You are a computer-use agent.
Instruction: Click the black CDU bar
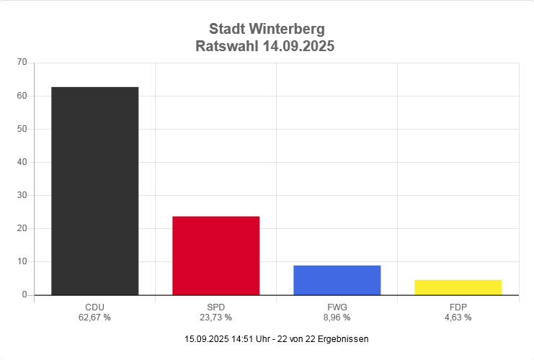pyautogui.click(x=94, y=191)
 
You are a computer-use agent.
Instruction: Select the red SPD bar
pyautogui.click(x=215, y=256)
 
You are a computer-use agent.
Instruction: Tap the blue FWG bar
pyautogui.click(x=337, y=280)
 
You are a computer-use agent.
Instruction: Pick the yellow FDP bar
pyautogui.click(x=458, y=287)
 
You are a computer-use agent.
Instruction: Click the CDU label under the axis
pyautogui.click(x=94, y=307)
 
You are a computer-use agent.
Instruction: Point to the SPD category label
pyautogui.click(x=215, y=307)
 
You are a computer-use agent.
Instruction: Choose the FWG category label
pyautogui.click(x=337, y=307)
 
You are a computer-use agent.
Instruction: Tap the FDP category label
pyautogui.click(x=458, y=307)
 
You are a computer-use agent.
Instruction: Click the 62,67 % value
pyautogui.click(x=94, y=317)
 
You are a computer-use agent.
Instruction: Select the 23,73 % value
pyautogui.click(x=215, y=317)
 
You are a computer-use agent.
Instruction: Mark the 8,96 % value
pyautogui.click(x=337, y=317)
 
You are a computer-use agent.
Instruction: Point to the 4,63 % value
pyautogui.click(x=458, y=317)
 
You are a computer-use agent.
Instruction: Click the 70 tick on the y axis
pyautogui.click(x=22, y=63)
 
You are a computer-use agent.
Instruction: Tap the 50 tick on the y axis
pyautogui.click(x=22, y=129)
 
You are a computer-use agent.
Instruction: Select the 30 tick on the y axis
pyautogui.click(x=22, y=195)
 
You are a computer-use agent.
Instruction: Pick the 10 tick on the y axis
pyautogui.click(x=22, y=261)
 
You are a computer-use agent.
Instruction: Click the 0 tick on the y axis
pyautogui.click(x=25, y=294)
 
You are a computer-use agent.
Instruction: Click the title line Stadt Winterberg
pyautogui.click(x=267, y=30)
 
